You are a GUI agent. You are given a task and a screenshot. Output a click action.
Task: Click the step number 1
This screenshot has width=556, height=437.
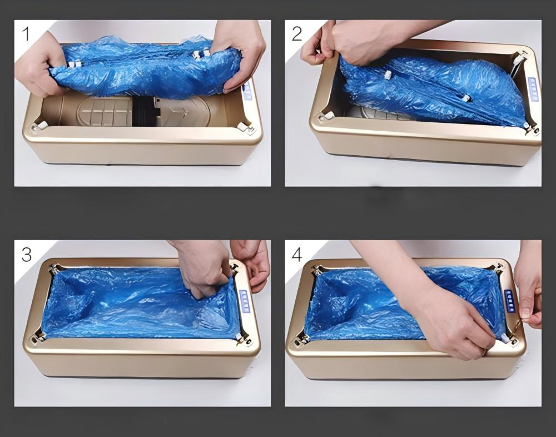pos(26,34)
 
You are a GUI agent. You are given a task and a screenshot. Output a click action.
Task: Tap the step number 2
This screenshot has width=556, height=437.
pos(297,34)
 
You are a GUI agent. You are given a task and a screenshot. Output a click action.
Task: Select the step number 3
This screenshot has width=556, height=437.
pos(26,254)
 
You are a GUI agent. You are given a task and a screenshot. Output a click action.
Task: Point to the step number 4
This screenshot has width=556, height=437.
pos(297,254)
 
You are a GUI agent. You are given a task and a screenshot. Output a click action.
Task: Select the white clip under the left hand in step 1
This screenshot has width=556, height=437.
pos(72,64)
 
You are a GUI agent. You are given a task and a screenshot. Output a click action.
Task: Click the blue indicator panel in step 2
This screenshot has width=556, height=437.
pos(533,89)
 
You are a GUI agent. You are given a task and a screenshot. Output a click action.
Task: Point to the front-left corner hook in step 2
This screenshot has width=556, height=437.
pos(327,116)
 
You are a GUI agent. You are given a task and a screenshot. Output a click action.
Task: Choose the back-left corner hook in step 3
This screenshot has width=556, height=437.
pos(54,269)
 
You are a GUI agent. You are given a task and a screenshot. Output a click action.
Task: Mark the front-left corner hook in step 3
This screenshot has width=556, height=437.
pos(39,336)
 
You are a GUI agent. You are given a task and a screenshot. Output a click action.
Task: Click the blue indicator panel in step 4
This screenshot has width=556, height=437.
pos(509,300)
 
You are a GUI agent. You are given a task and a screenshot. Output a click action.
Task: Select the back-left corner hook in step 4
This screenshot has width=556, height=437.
pos(319,270)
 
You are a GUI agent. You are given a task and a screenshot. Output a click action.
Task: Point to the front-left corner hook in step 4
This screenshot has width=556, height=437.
pos(303,337)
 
